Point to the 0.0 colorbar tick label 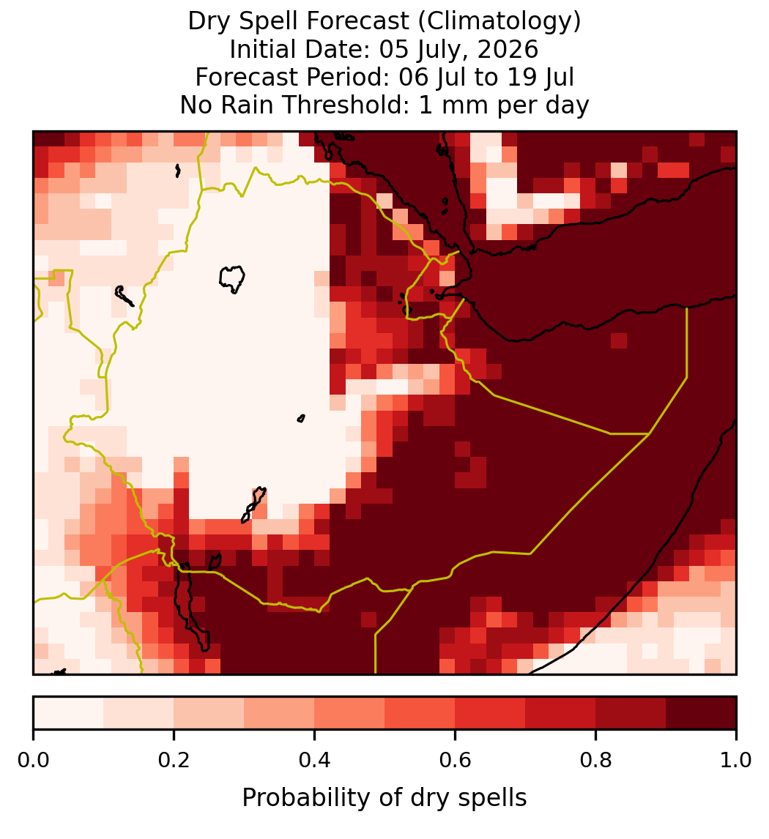pos(33,761)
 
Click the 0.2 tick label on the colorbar pos(174,761)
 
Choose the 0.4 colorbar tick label pos(315,761)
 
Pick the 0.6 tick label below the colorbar pos(455,761)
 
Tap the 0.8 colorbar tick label pos(595,761)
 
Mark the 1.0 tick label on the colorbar pos(736,761)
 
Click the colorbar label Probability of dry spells pos(384,798)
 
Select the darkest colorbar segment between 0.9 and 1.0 pos(701,713)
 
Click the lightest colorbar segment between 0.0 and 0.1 pos(69,713)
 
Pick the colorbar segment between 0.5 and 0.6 pos(420,713)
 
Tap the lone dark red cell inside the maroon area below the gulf pos(619,340)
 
